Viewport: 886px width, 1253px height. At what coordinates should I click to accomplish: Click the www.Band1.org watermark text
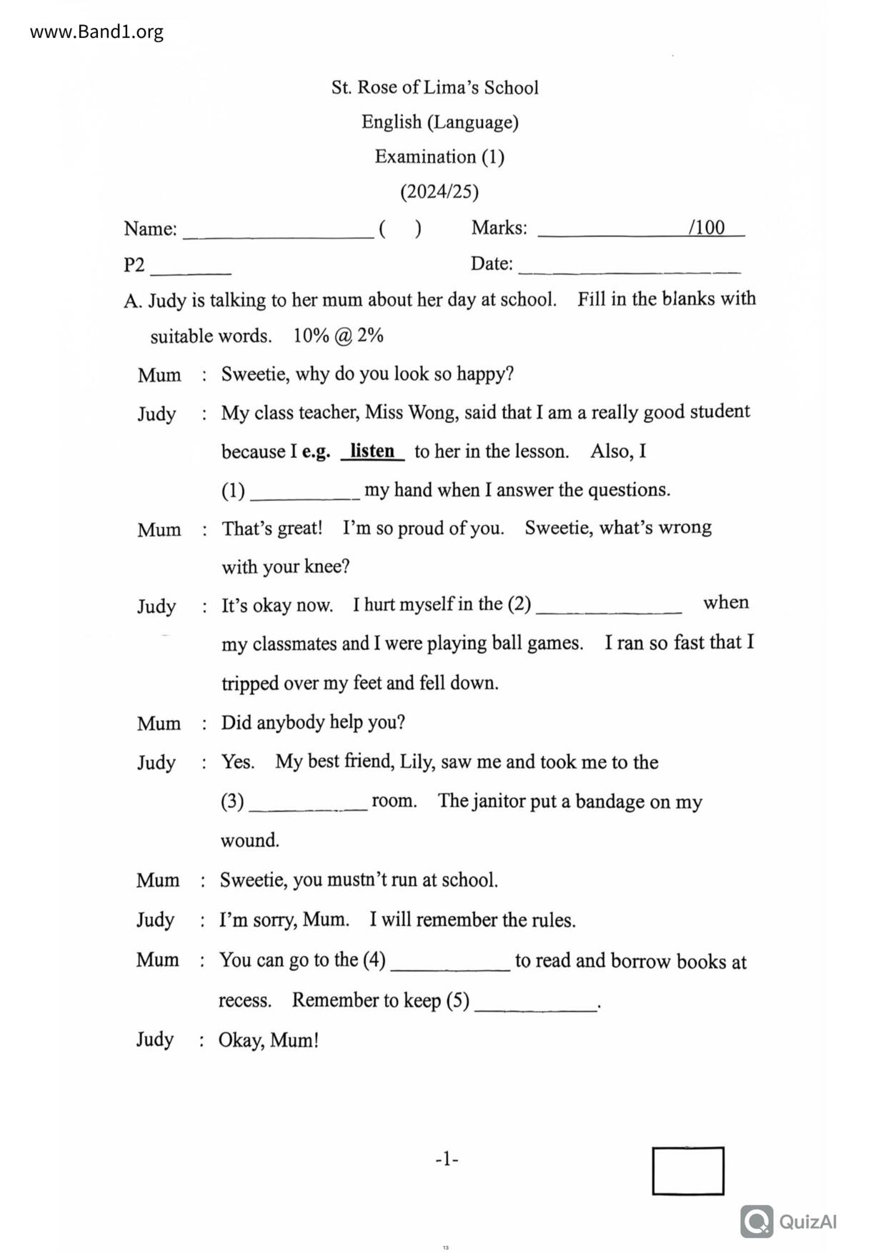(96, 32)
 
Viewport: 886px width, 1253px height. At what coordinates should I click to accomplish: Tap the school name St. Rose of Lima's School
(434, 88)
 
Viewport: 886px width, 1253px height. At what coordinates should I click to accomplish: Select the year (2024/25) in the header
(439, 191)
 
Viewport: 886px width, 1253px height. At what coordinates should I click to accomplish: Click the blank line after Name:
(278, 232)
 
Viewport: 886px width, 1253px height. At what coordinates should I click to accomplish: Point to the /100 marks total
(706, 228)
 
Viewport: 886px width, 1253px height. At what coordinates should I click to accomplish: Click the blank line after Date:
(629, 268)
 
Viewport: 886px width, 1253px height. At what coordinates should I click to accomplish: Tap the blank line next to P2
(191, 269)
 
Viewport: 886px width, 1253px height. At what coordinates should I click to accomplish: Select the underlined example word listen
(372, 451)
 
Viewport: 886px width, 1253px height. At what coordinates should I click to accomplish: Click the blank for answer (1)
(305, 494)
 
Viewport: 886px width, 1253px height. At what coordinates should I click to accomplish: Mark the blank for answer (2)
(609, 608)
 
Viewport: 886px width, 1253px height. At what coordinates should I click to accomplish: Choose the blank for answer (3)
(308, 805)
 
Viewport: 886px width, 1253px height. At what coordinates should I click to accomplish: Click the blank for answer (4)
(450, 964)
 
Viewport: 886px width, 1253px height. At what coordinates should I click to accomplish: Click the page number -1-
(447, 1159)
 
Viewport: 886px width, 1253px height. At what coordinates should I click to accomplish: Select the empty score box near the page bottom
(687, 1170)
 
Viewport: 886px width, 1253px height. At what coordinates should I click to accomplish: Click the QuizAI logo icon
(757, 1221)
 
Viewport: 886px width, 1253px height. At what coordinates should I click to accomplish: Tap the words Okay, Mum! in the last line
(268, 1040)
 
